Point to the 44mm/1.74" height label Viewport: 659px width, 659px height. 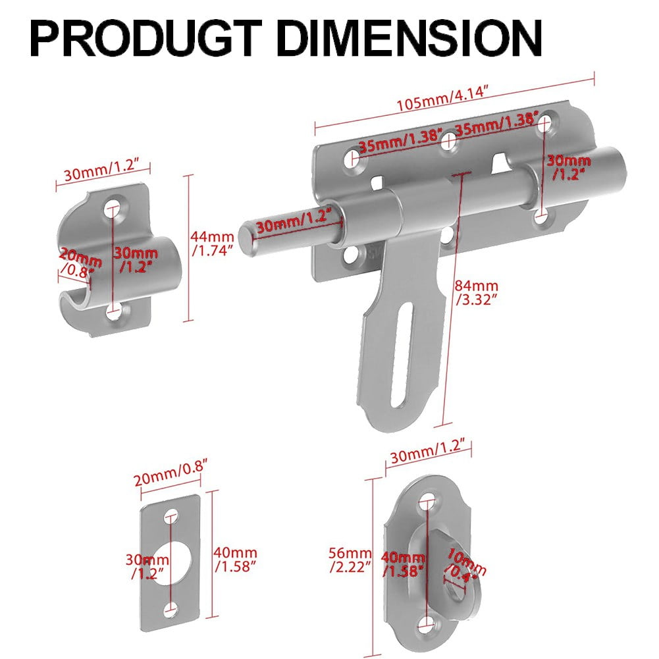tap(212, 243)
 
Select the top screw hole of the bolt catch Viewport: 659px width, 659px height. tap(115, 209)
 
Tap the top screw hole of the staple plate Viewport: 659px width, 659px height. tap(431, 500)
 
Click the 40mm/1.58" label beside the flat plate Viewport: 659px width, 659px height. tap(235, 560)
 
